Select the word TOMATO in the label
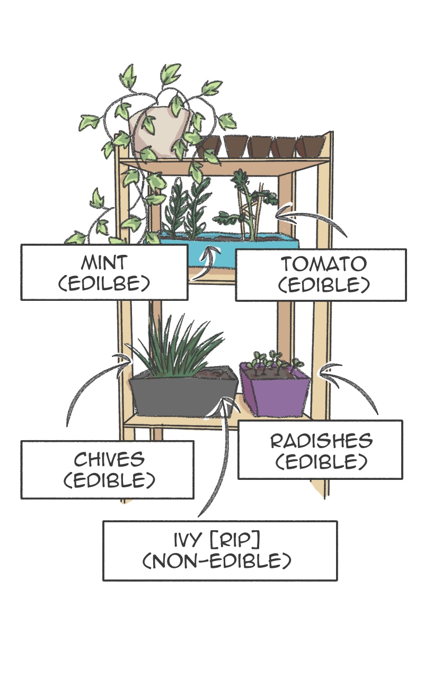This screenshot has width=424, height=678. [323, 264]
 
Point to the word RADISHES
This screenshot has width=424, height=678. [321, 441]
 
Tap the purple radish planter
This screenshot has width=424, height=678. [275, 395]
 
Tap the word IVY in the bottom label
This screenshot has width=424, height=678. [189, 540]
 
